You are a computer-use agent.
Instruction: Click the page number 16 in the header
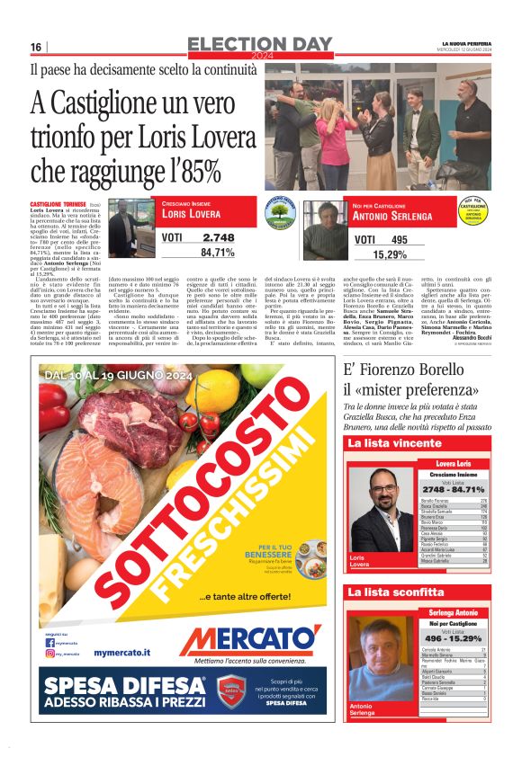[36, 48]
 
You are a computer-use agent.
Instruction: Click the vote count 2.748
[219, 237]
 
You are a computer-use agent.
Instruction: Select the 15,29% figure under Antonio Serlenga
[390, 255]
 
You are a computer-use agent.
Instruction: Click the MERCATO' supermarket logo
[249, 640]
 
